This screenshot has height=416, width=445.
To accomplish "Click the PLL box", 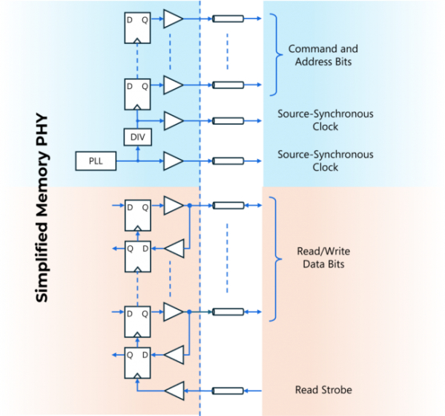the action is [96, 161].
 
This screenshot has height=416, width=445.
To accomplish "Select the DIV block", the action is [138, 137].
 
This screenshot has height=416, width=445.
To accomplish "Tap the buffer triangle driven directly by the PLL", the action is [174, 161].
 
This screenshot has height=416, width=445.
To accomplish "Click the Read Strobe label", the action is [323, 390].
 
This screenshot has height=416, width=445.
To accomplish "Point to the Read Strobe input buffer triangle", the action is [174, 391].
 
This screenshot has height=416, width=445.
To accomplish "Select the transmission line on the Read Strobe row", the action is [228, 391].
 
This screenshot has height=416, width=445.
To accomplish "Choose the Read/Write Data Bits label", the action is [323, 258].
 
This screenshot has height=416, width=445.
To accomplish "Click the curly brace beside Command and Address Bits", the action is [277, 54].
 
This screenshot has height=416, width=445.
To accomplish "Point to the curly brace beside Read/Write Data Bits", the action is [276, 259].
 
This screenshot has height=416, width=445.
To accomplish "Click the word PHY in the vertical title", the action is [42, 129].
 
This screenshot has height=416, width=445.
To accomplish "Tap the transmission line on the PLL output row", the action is [228, 161].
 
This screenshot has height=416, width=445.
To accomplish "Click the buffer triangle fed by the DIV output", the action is [174, 121].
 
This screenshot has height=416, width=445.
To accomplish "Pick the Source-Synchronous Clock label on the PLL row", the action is [326, 160].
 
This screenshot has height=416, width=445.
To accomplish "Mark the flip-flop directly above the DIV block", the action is [137, 94].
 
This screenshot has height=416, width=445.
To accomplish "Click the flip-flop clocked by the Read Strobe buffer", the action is [137, 363].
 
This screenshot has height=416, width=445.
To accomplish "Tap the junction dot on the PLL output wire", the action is [138, 161].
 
